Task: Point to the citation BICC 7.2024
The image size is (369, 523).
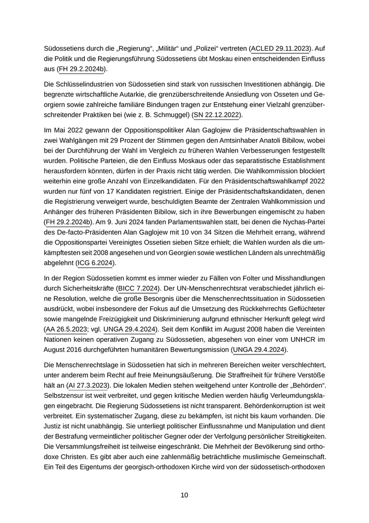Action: [x=138, y=288]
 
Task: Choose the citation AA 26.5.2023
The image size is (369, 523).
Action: [x=66, y=329]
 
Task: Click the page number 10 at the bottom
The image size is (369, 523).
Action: [x=184, y=495]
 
